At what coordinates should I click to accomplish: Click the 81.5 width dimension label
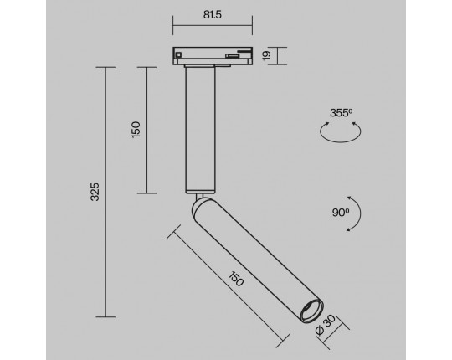coord(213,15)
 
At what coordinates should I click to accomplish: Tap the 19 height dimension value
coord(267,55)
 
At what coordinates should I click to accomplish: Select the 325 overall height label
coord(95,192)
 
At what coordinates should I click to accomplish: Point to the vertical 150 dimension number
coord(136,130)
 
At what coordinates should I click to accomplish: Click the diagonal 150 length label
coord(236,279)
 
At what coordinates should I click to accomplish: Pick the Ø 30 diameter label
coord(326,325)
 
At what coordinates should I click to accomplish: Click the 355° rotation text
coord(342,113)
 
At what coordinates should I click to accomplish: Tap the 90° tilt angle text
coord(341,213)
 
